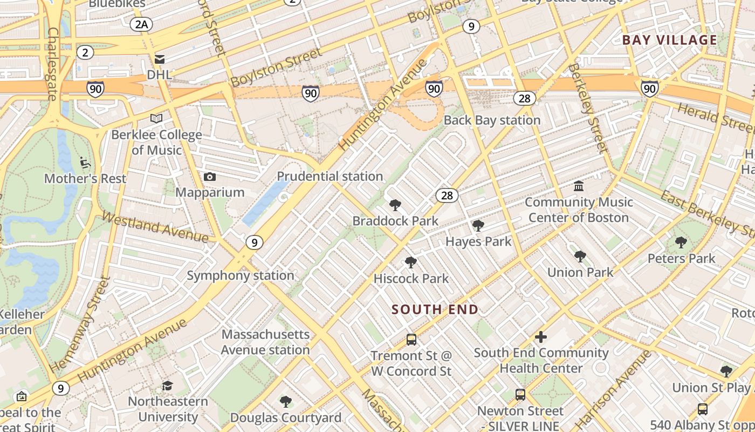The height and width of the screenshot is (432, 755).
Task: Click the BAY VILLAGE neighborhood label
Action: coord(669,40)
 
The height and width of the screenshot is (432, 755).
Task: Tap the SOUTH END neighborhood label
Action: coord(435,309)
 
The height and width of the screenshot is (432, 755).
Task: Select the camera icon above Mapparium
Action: coord(210,177)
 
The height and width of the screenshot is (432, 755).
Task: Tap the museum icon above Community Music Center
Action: coord(579,186)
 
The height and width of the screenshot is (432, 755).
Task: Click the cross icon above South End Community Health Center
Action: coord(540,337)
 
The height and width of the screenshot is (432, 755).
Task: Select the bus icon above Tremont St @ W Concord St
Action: coord(411,340)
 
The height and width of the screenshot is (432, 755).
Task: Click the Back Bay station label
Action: coord(492,120)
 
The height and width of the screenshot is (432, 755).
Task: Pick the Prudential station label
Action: coord(330,176)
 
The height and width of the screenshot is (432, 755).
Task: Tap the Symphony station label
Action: coord(241,275)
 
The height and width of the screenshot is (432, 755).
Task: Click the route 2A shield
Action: coord(141,24)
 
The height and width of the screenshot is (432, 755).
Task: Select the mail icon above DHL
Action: coord(160,59)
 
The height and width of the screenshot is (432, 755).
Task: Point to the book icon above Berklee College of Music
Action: coord(156,118)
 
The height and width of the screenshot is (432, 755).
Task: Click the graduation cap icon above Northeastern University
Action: coord(168,386)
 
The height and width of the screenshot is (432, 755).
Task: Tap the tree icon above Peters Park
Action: coord(681,243)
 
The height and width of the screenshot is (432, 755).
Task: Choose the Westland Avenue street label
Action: coord(155,227)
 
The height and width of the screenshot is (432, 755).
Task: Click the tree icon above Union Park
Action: coord(580,256)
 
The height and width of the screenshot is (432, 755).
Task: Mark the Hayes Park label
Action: coord(478,241)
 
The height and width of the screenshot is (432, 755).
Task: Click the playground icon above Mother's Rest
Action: coord(85,162)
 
